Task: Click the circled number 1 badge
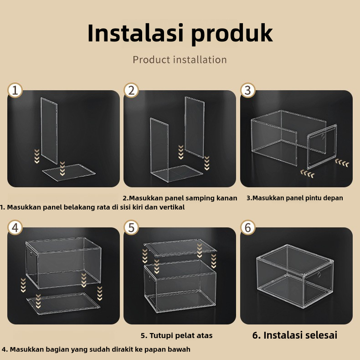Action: pos(15,90)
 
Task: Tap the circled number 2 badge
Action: pos(131,90)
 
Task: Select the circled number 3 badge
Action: pos(248,90)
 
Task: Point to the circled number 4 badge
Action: pos(15,227)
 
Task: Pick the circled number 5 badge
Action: pos(131,227)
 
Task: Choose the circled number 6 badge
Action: pos(248,227)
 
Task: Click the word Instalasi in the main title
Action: pos(136,33)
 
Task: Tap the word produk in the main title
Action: pos(232,34)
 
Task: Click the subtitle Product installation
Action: pos(180,60)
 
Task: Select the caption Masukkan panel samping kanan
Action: pos(183,198)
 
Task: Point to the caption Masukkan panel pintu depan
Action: pos(298,198)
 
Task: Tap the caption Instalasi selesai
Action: pos(300,335)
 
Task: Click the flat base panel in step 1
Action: pos(68,172)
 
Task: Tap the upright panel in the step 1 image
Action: pos(49,130)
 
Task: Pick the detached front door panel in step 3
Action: pos(322,147)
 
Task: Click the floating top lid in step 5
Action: pos(180,247)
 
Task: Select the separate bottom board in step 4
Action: pos(63,303)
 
